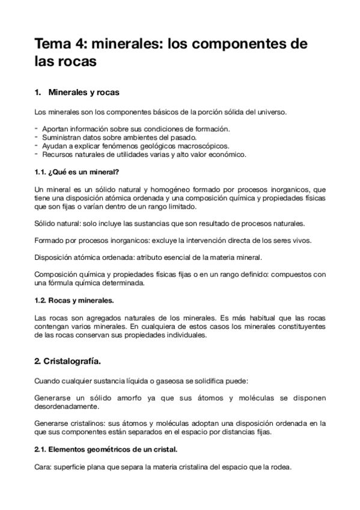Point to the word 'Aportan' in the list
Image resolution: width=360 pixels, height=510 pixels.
pyautogui.click(x=56, y=129)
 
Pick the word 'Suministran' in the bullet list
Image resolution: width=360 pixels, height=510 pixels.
pyautogui.click(x=62, y=137)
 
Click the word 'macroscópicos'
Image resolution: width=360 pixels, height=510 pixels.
pyautogui.click(x=199, y=146)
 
